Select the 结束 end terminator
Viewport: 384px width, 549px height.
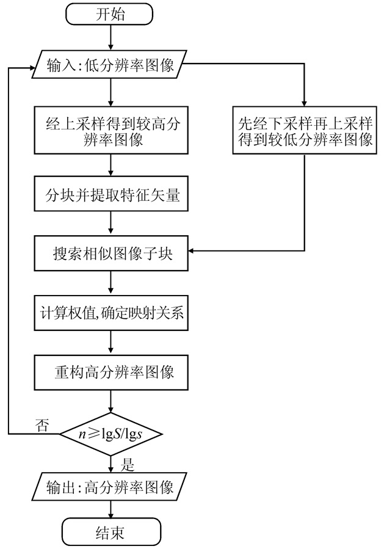click(110, 533)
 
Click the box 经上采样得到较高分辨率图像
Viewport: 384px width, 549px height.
click(110, 131)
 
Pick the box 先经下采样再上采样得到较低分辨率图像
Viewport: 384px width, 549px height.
click(303, 131)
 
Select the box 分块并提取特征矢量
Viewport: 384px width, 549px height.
click(110, 196)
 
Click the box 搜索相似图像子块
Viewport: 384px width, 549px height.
click(110, 250)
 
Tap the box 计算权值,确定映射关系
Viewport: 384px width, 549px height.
click(110, 315)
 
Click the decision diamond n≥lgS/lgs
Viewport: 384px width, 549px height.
click(110, 434)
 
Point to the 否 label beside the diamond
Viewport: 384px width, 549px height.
click(43, 424)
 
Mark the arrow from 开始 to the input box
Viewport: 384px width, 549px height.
click(110, 38)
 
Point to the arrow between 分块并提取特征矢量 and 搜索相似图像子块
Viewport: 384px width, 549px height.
click(110, 222)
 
